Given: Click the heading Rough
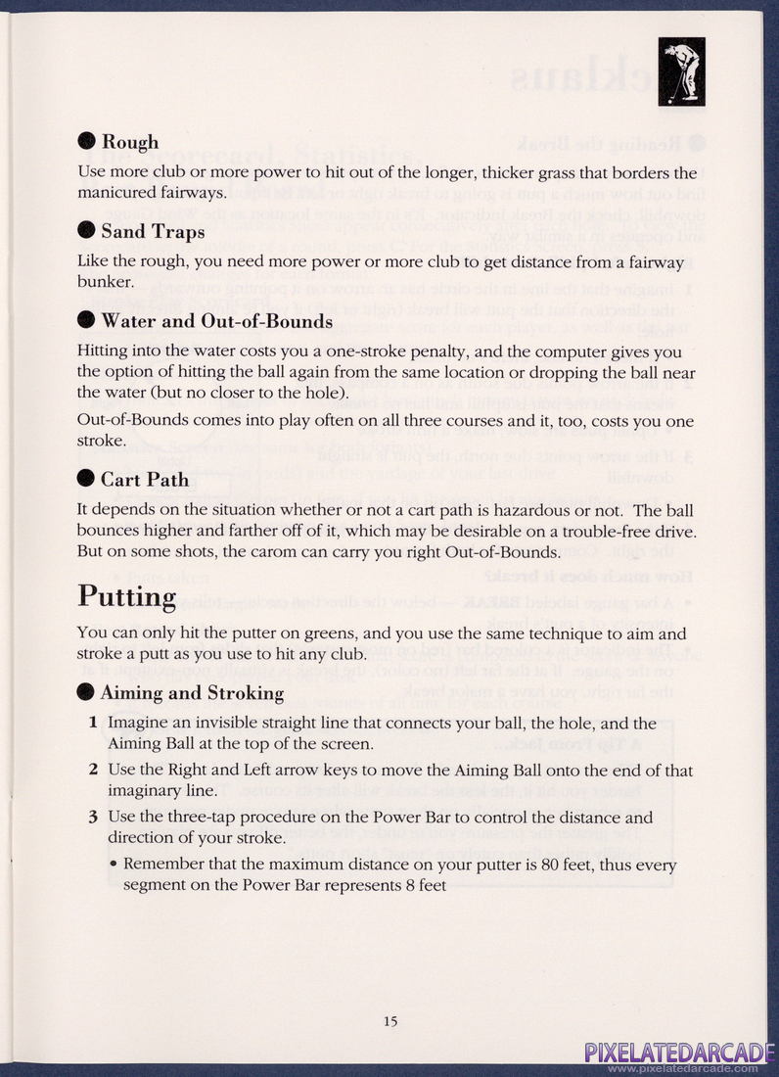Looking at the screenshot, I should tap(130, 142).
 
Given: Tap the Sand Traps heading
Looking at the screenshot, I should tap(153, 232).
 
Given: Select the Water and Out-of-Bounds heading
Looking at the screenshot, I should tap(216, 321).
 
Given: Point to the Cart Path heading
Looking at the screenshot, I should tap(145, 480).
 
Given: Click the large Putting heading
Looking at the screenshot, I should tap(127, 595).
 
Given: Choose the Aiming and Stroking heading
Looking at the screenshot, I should tap(192, 693).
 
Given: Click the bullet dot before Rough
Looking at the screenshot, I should tap(86, 142).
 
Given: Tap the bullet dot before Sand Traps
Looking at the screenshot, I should tap(86, 232).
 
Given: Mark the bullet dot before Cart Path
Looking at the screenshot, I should tap(86, 480).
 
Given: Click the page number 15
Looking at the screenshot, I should tap(390, 1021).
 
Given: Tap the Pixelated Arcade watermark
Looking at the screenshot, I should tap(680, 1054).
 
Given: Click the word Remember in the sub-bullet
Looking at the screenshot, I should tap(160, 866).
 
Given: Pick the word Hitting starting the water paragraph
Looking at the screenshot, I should tap(104, 352).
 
